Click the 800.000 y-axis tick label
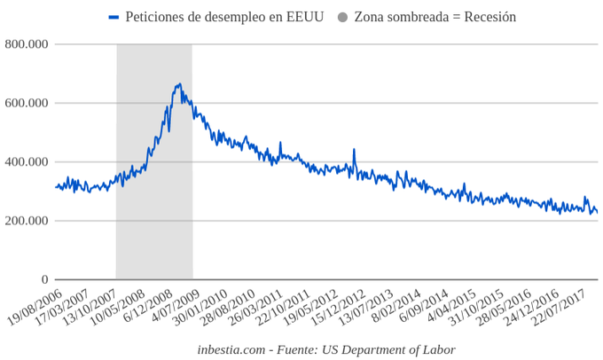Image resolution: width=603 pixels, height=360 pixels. click(x=26, y=44)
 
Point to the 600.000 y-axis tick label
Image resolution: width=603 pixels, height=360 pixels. click(x=26, y=103)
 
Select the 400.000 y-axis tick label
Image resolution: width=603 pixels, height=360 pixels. click(x=26, y=162)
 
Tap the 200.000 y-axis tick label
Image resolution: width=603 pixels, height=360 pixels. click(x=26, y=221)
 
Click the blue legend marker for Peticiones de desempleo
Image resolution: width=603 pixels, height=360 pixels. click(x=114, y=17)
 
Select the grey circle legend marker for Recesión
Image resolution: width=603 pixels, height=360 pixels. click(x=342, y=17)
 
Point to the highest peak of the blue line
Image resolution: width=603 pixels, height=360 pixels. click(x=180, y=84)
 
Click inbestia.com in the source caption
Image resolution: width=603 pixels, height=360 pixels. click(x=231, y=349)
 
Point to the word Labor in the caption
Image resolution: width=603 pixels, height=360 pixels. click(x=438, y=349)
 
